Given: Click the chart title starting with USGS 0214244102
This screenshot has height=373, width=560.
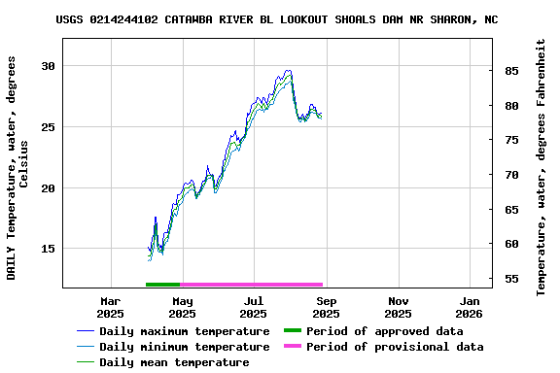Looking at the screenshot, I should coord(277,18).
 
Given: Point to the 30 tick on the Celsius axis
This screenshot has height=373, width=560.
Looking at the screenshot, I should coord(49,66).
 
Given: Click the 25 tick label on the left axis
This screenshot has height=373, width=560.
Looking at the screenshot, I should coord(49,127).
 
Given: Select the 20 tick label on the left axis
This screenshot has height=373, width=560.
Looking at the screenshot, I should coord(49,188).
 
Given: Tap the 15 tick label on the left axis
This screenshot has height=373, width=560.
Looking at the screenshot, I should coord(49,249).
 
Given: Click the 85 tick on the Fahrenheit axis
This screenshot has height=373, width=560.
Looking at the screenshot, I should coord(510,71).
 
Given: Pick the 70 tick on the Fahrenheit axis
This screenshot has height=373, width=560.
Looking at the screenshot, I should coord(510,175).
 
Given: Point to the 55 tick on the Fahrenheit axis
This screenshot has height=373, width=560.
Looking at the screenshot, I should coord(510,279).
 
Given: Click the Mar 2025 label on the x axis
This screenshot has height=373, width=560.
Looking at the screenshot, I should coord(110,307).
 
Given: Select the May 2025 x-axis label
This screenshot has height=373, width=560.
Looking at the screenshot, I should coord(182,307).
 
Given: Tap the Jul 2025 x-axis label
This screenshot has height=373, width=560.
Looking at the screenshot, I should coord(254,307).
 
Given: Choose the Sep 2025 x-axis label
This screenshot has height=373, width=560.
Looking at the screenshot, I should coord(326,307).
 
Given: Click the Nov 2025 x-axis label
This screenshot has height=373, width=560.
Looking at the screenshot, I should coord(398,307).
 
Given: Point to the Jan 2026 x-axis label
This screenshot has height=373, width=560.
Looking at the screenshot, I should coord(470,307).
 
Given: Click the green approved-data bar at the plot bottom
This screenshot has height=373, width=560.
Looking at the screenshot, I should coord(163,285).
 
